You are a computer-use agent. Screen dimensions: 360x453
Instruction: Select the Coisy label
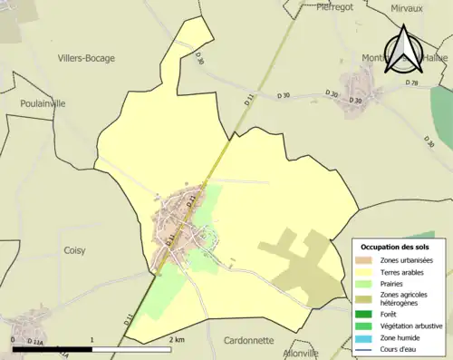[x=74, y=249]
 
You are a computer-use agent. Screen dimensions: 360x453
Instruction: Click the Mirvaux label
[x=406, y=8]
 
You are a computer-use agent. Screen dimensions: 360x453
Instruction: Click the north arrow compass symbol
[x=401, y=49]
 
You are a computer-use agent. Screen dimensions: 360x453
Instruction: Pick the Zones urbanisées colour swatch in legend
[x=366, y=261]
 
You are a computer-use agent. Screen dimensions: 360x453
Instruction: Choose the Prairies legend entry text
[x=395, y=284]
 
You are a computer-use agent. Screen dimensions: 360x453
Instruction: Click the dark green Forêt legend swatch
[x=366, y=314]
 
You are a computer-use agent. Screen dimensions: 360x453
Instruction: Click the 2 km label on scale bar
[x=177, y=339]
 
